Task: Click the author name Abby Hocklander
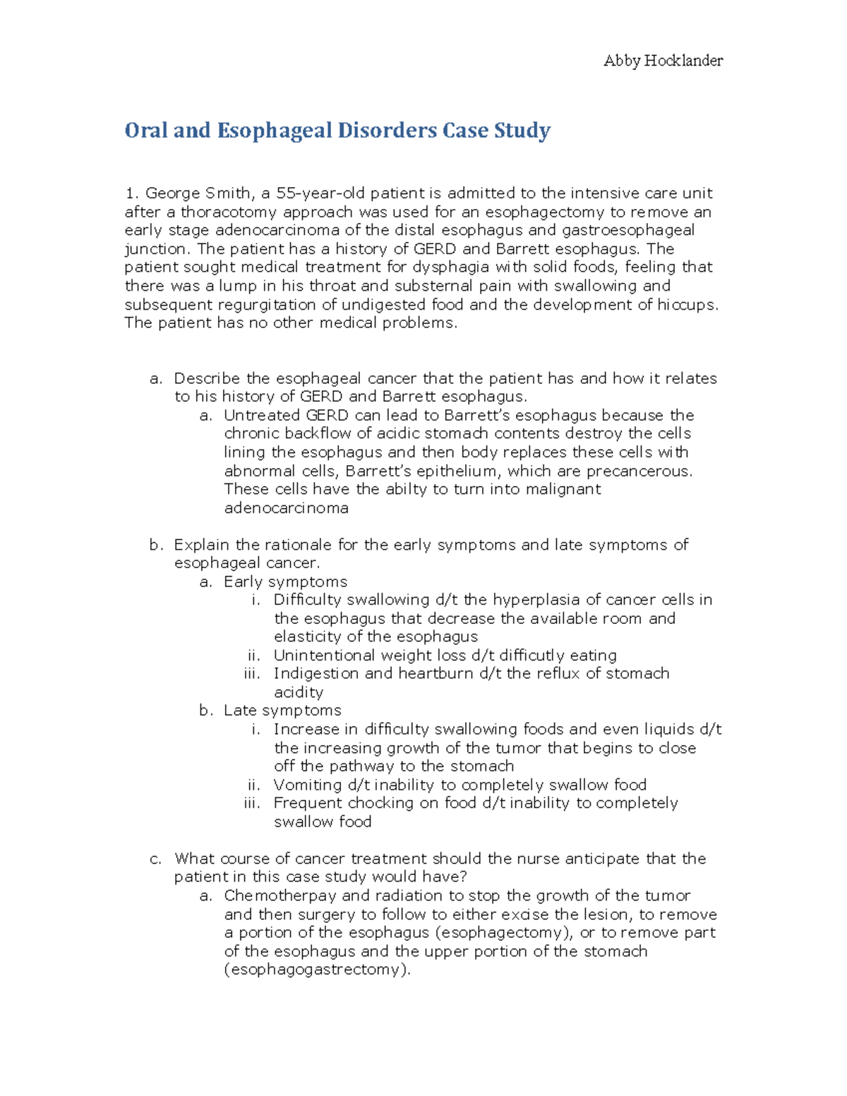coord(663,61)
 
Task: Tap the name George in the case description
coord(172,193)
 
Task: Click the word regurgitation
coord(259,304)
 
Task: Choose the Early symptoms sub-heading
coord(285,582)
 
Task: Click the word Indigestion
coord(316,673)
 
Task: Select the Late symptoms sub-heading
coord(282,711)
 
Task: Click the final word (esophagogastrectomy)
coord(317,970)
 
